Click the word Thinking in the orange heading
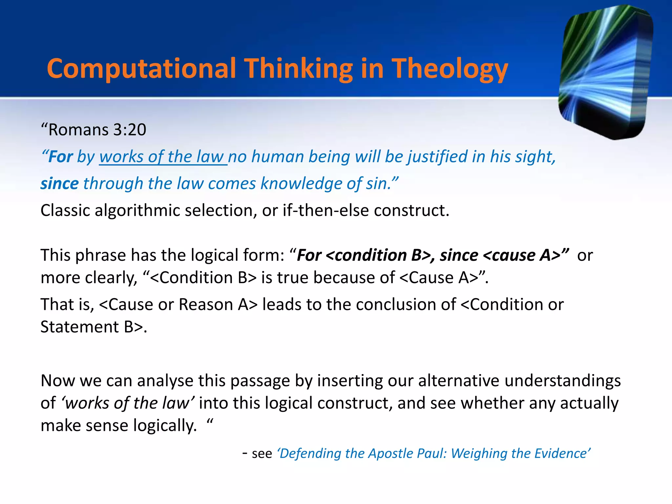pos(299,69)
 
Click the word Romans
pos(78,130)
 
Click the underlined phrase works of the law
pos(163,157)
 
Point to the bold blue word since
pos(59,183)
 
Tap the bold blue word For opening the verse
pos(61,157)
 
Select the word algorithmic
pos(137,210)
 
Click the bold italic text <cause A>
pos(522,255)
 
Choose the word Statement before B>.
pos(79,327)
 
